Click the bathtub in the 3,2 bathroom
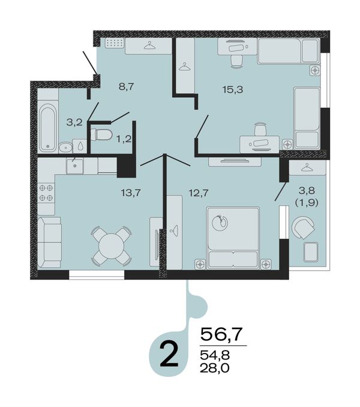pos(47,128)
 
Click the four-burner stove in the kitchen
pos(46,192)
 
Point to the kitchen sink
pos(75,166)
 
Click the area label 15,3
pos(233,90)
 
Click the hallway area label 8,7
pos(127,86)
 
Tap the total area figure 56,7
pos(221,334)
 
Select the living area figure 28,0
pos(214,368)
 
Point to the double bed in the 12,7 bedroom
pos(233,237)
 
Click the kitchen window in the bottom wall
pos(97,274)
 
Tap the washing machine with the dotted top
pos(115,43)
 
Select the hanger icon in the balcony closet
pos(307,167)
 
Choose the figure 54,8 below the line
pos(214,355)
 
